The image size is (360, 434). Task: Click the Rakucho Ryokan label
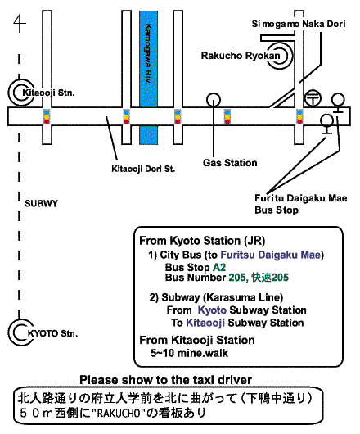point(241,56)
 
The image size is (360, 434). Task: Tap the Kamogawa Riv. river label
point(148,54)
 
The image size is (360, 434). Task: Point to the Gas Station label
point(230,163)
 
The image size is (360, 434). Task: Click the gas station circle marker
point(214,100)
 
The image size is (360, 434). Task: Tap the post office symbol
point(313,98)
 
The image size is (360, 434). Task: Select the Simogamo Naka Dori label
point(299,24)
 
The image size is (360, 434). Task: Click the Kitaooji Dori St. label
point(143,169)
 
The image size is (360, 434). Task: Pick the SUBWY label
point(41,203)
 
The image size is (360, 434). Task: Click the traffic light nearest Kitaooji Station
point(47,116)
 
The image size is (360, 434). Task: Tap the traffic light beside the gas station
point(227,116)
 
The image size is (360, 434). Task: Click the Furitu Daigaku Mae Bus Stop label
point(301,204)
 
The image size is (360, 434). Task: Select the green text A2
point(219,268)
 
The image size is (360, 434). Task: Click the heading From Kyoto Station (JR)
point(202,241)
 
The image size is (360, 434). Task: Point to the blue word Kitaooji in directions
point(205,323)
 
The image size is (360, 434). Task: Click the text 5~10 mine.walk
point(189,353)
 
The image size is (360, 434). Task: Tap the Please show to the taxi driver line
point(165,380)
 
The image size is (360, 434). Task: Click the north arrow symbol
point(20,24)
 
